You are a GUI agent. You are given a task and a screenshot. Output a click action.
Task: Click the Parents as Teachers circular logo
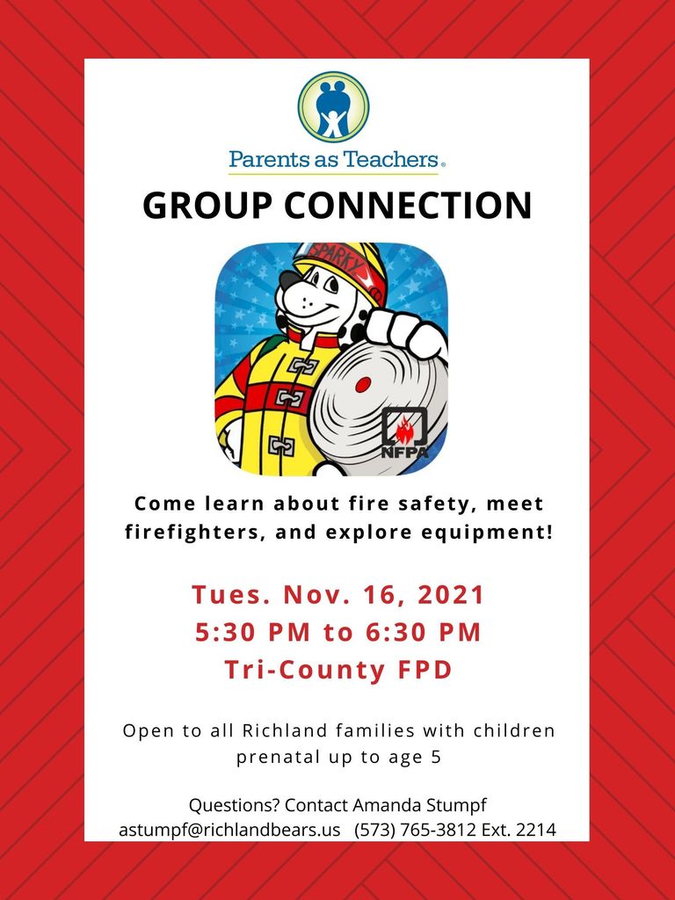(333, 107)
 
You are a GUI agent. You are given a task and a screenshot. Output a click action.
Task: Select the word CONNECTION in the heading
(408, 205)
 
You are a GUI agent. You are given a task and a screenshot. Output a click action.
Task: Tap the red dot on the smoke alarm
(363, 385)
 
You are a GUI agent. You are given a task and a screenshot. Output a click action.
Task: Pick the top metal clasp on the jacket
(302, 365)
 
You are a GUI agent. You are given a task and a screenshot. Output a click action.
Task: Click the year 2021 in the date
(451, 595)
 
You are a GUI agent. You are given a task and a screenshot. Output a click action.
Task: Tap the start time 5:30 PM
(252, 632)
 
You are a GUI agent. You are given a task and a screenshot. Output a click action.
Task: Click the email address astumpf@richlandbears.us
(229, 830)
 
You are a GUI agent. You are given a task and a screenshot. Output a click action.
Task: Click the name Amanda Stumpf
(419, 805)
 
